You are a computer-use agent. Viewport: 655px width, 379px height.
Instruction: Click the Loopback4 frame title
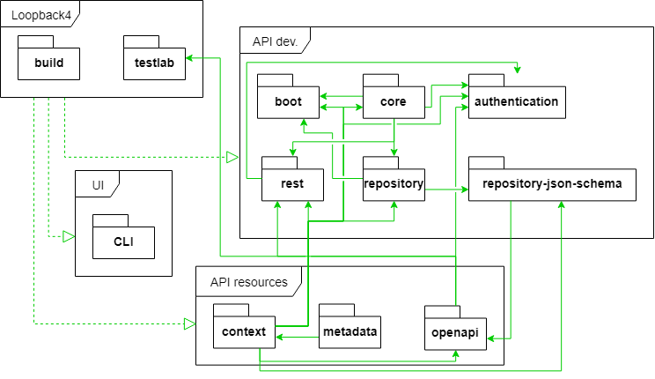(x=40, y=16)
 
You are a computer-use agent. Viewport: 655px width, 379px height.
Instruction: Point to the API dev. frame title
(x=275, y=41)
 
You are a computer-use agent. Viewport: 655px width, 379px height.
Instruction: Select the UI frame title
(x=98, y=185)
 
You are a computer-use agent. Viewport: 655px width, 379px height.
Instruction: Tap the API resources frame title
(x=249, y=282)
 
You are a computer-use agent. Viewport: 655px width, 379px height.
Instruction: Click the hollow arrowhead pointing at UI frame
(x=69, y=237)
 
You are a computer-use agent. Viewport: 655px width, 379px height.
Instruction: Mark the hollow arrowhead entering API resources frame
(x=189, y=323)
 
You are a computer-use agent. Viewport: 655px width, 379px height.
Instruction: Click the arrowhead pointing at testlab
(x=188, y=57)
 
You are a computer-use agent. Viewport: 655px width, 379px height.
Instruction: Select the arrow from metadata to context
(x=297, y=337)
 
